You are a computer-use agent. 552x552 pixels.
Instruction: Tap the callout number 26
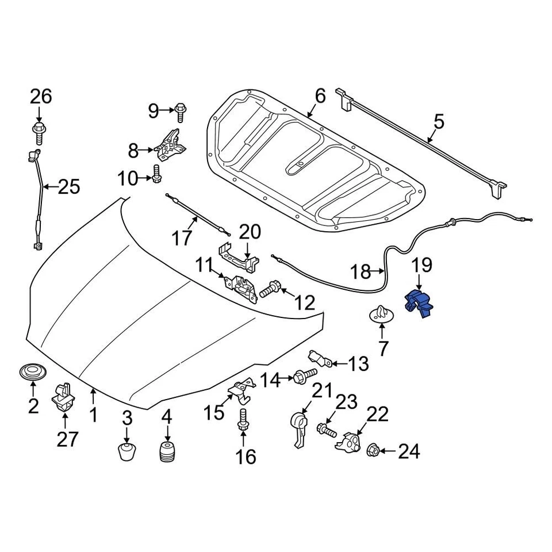41,96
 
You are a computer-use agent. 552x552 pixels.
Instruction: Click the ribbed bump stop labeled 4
166,451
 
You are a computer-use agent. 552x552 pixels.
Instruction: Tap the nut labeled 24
372,450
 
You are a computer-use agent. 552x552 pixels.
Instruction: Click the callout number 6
320,95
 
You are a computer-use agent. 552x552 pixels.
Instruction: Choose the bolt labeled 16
243,421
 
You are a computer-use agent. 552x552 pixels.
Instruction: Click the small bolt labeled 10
156,172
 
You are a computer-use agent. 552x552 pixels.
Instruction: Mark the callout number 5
439,122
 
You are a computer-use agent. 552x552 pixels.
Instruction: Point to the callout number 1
93,414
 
